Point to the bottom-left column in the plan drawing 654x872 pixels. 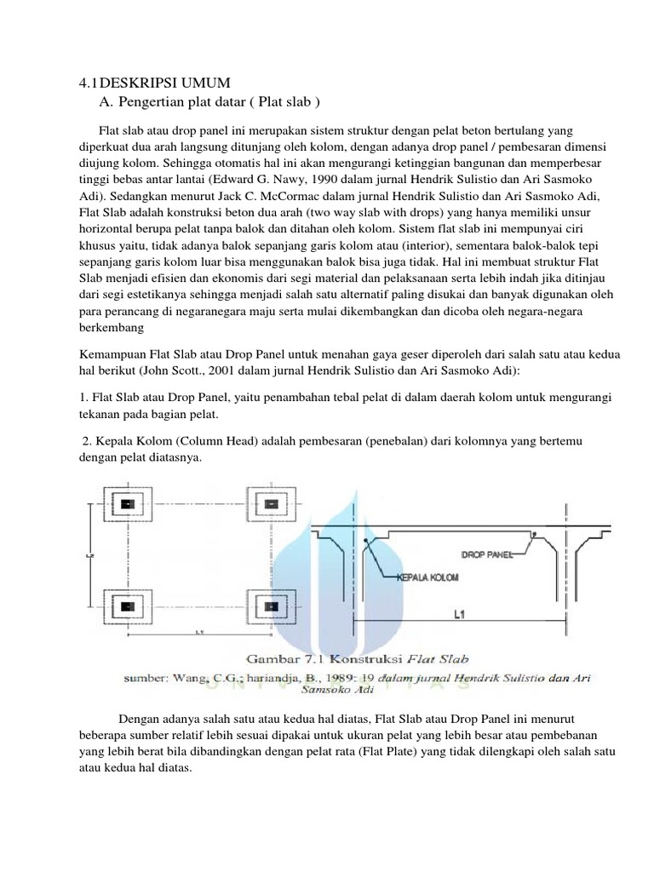coord(126,607)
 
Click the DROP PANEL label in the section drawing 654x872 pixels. coord(488,555)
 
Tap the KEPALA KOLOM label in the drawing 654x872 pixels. coord(427,577)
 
